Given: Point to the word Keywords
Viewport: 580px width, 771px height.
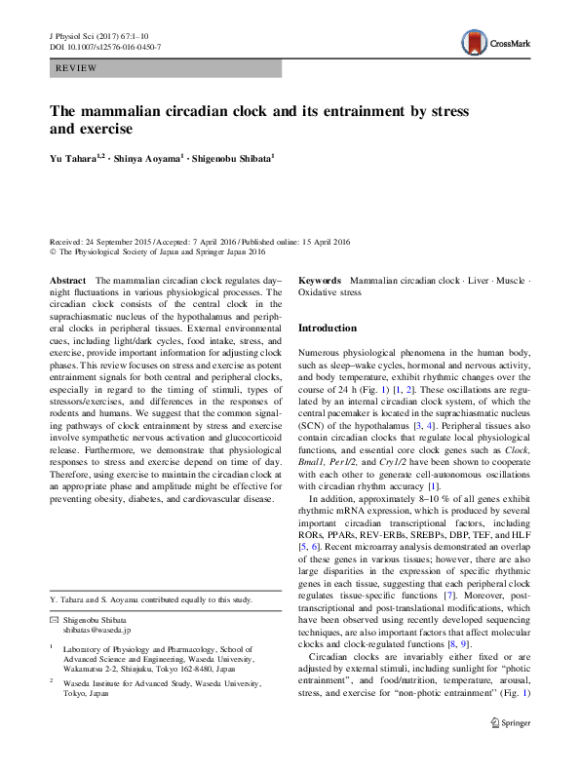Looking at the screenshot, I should pyautogui.click(x=320, y=280).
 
